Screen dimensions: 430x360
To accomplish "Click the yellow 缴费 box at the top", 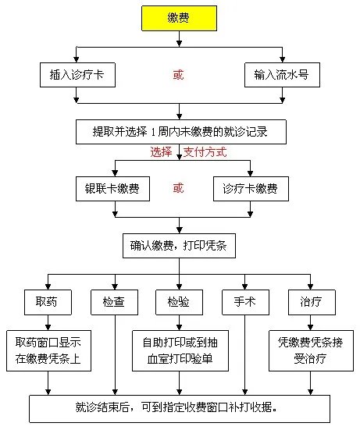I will pyautogui.click(x=179, y=18).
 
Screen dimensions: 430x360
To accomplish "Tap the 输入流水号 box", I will pyautogui.click(x=280, y=76).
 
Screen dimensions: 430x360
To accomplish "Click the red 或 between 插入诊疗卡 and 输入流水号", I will pyautogui.click(x=179, y=76).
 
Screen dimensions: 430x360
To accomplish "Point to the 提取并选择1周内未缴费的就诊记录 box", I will pyautogui.click(x=179, y=130).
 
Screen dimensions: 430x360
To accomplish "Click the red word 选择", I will pyautogui.click(x=162, y=152).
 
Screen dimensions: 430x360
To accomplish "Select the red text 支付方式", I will pyautogui.click(x=205, y=152).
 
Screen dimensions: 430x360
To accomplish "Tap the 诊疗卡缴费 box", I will pyautogui.click(x=250, y=189).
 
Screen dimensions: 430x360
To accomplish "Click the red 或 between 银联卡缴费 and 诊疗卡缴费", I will pyautogui.click(x=179, y=189).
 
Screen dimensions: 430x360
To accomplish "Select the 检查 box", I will pyautogui.click(x=114, y=300).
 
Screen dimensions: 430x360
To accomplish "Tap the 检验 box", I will pyautogui.click(x=179, y=300).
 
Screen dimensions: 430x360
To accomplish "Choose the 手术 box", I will pyautogui.click(x=245, y=300).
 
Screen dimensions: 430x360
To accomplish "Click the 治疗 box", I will pyautogui.click(x=312, y=300).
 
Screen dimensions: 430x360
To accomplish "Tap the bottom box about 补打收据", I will pyautogui.click(x=179, y=407).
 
